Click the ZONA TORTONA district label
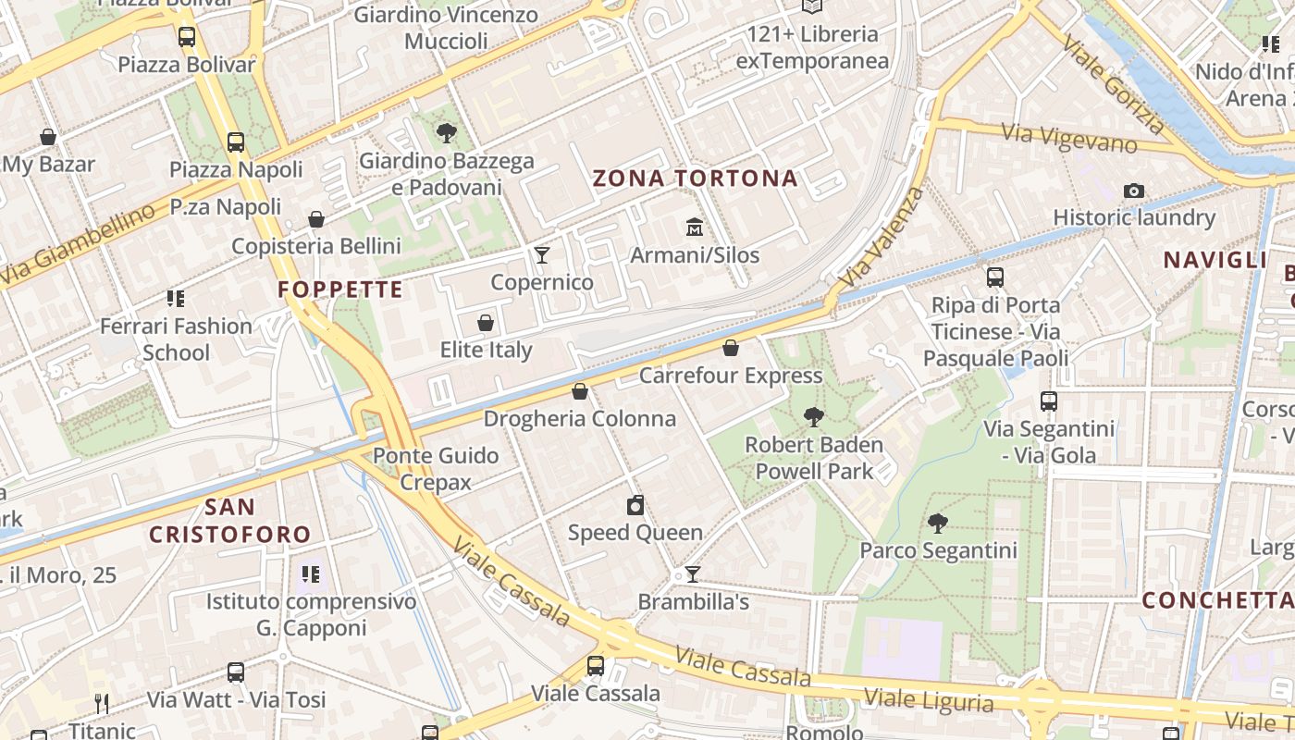coord(695,179)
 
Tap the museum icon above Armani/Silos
coord(695,227)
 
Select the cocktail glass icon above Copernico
coord(542,254)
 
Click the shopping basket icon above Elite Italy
coord(486,323)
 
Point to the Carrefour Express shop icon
coord(731,348)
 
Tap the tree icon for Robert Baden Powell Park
coord(814,416)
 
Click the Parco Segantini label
coord(938,550)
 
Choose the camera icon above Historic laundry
coord(1134,191)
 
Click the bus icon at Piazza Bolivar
coord(187,37)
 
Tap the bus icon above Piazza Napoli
coord(236,142)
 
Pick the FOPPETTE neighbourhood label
coord(339,290)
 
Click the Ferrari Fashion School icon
coord(176,298)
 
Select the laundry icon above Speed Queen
coord(635,505)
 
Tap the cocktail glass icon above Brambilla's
coord(692,574)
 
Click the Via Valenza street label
coord(882,236)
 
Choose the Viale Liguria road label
coord(929,698)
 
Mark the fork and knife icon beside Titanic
coord(102,704)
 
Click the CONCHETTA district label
coord(1214,600)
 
